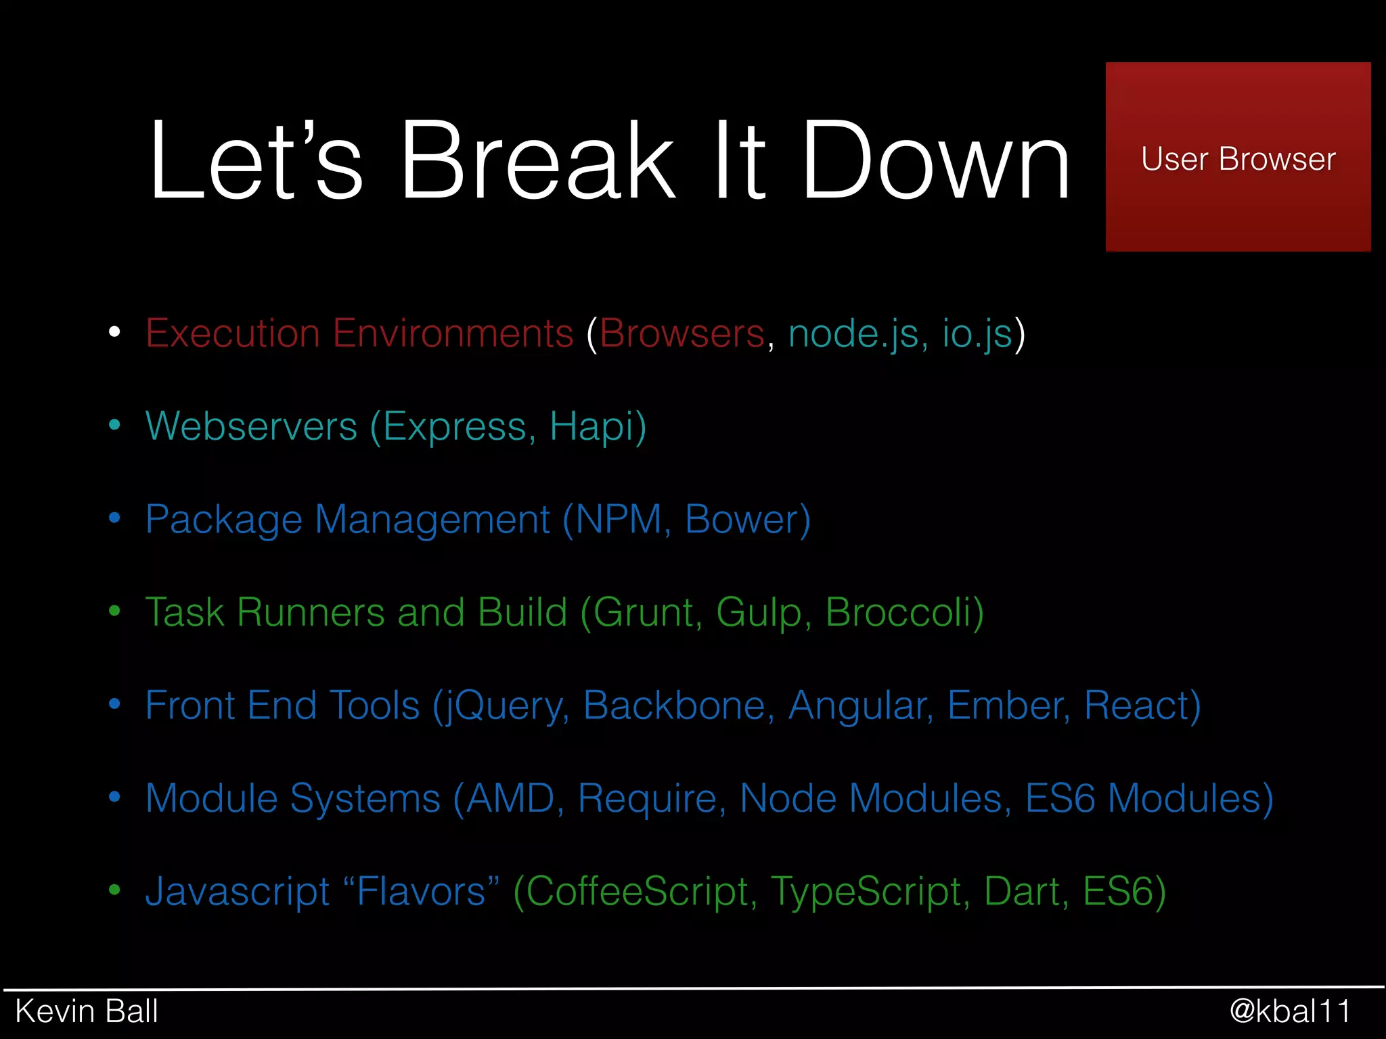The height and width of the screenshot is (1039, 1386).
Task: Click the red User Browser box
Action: [x=1237, y=157]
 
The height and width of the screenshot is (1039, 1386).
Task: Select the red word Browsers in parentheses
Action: [x=681, y=333]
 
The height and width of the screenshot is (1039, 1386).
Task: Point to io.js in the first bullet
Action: [x=977, y=333]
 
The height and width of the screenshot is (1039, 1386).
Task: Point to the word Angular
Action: [x=857, y=706]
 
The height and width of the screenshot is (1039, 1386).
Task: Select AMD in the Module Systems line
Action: [x=511, y=799]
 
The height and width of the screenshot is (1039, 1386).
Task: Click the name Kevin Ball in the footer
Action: [x=87, y=1011]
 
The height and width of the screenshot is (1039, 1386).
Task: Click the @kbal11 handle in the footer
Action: [x=1290, y=1011]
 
